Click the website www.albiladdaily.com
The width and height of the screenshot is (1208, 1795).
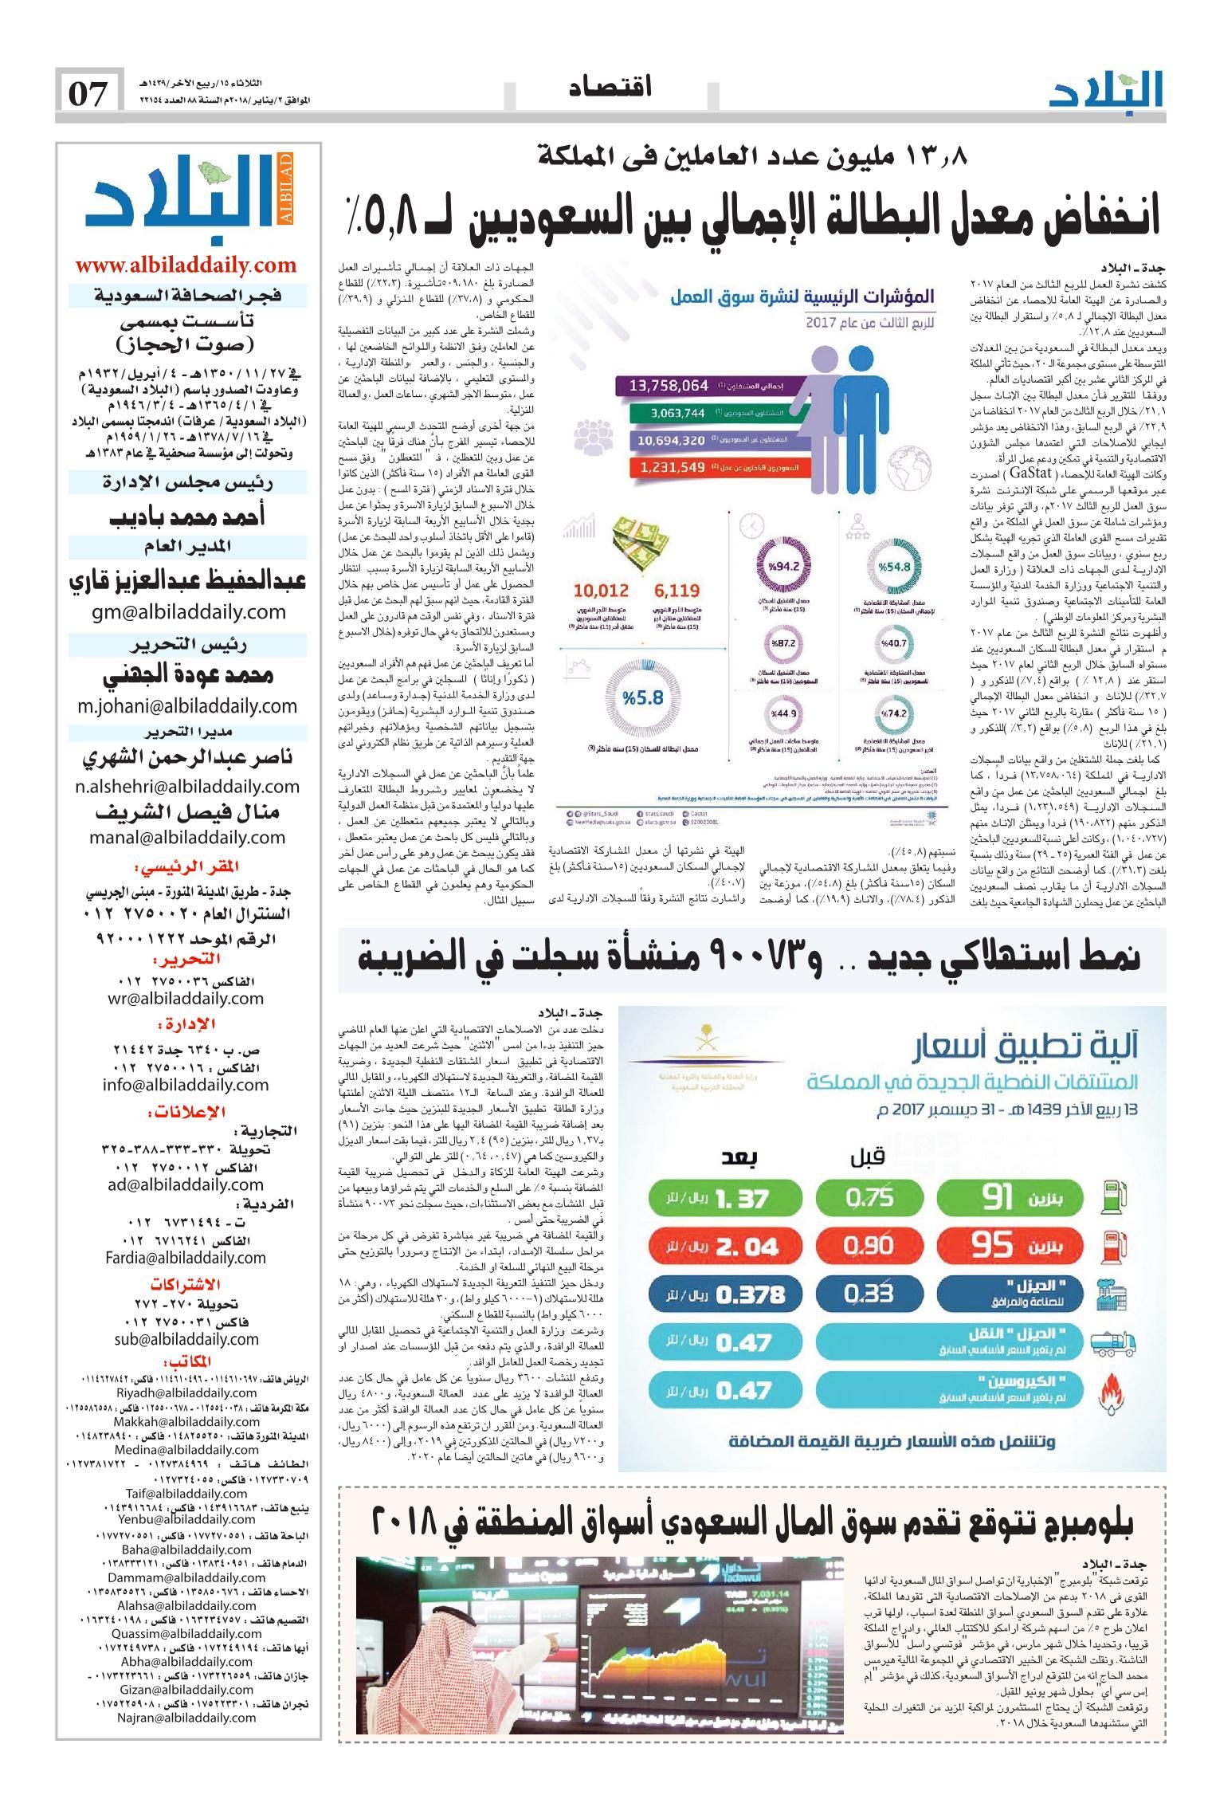point(186,265)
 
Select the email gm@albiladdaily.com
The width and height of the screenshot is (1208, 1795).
point(187,612)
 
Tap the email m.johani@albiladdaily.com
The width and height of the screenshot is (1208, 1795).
point(187,705)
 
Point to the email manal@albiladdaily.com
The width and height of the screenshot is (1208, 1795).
point(187,838)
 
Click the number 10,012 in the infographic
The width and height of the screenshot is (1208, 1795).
point(601,591)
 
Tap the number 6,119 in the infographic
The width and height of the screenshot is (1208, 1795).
point(677,591)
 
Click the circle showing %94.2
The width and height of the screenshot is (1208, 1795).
point(772,567)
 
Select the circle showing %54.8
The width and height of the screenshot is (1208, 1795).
point(893,567)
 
